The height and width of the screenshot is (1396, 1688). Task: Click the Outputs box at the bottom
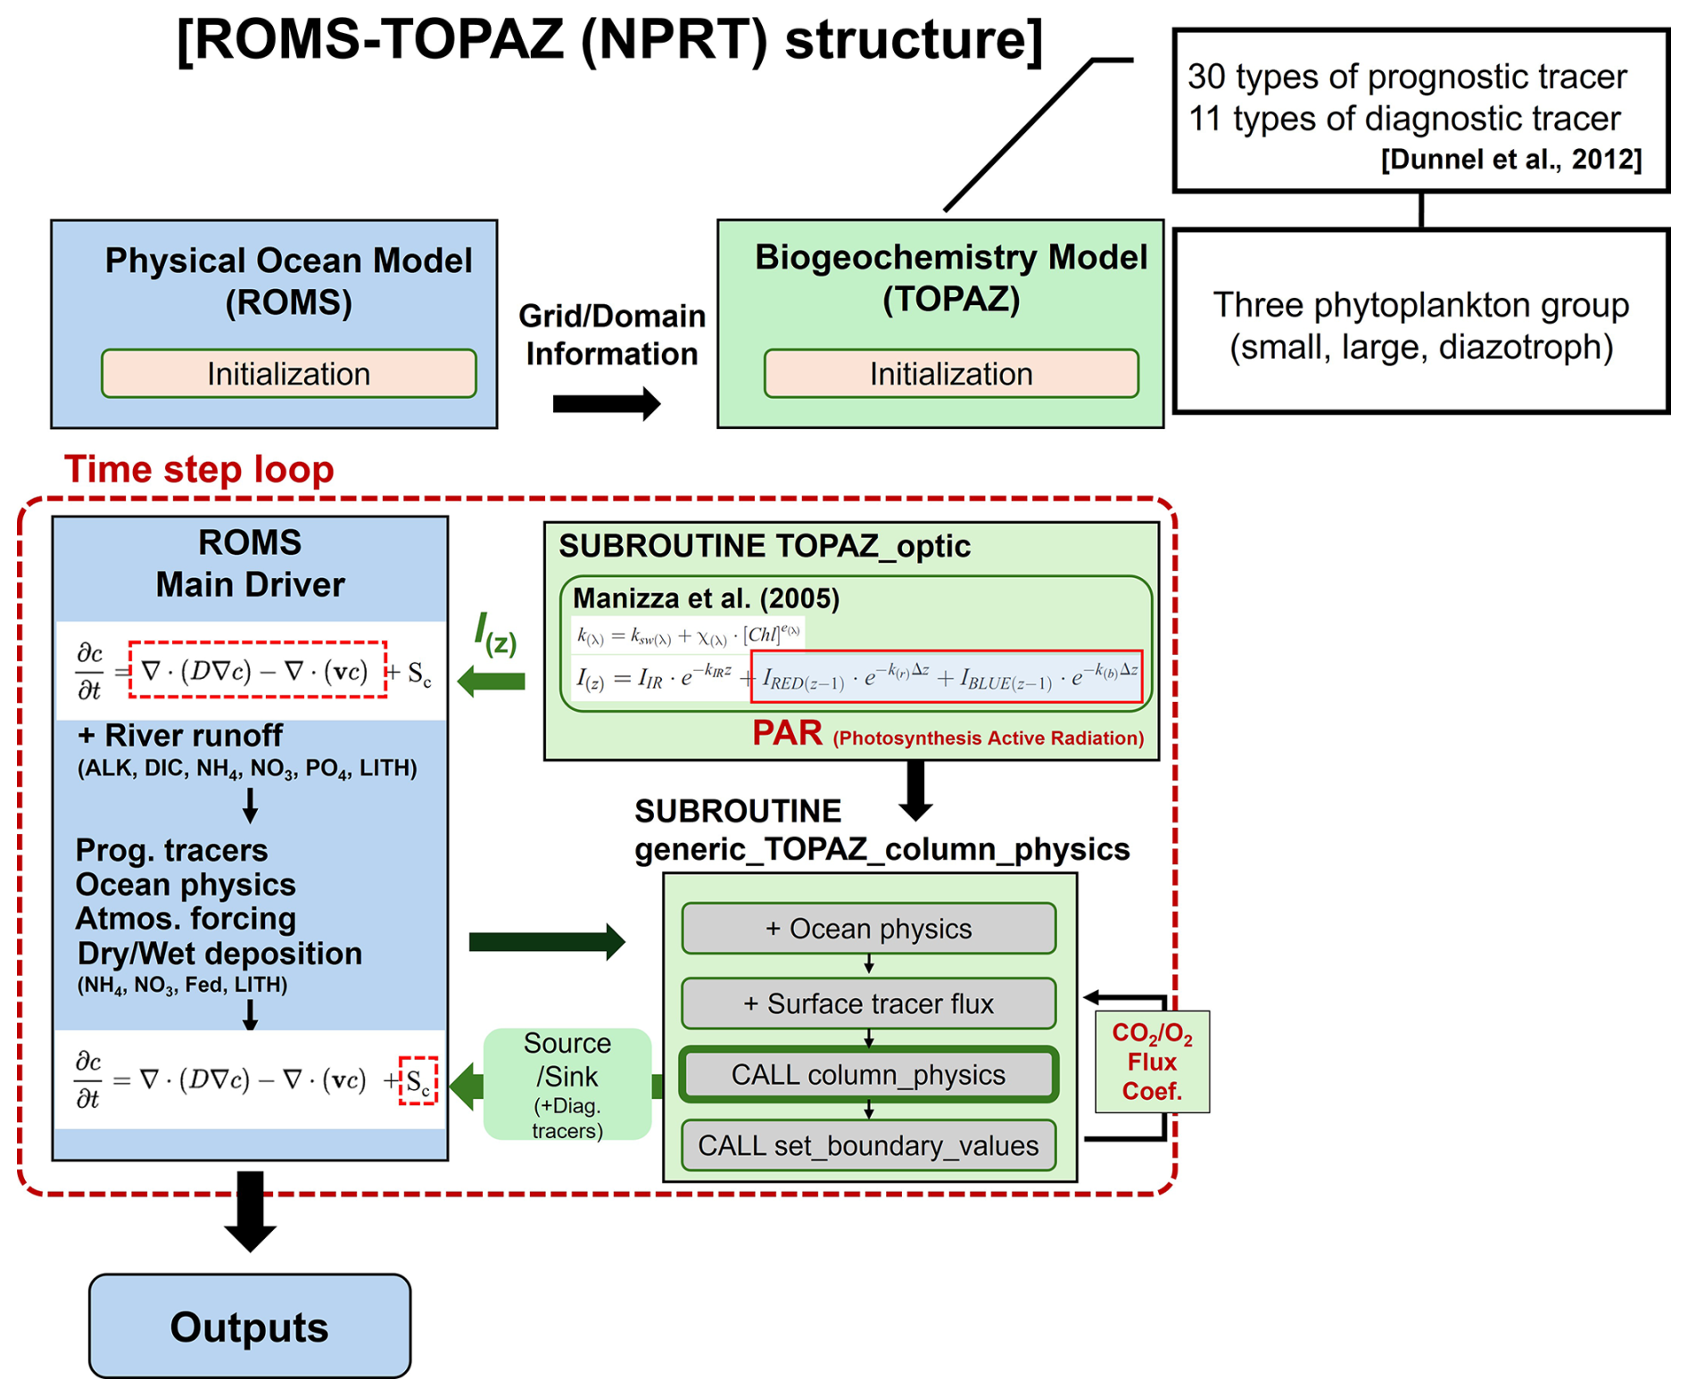pyautogui.click(x=250, y=1326)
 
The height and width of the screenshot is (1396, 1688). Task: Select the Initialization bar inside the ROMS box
pyautogui.click(x=289, y=373)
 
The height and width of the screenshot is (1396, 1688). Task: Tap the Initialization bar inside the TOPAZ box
pyautogui.click(x=951, y=373)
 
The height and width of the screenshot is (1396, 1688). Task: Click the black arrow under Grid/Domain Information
pyautogui.click(x=607, y=404)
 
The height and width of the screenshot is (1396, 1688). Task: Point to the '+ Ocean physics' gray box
pyautogui.click(x=869, y=929)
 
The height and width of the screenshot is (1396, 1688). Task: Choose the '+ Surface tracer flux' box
pyautogui.click(x=869, y=1004)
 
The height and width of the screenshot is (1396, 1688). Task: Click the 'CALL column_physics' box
pyautogui.click(x=869, y=1075)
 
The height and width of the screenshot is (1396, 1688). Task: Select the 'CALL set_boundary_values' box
pyautogui.click(x=869, y=1145)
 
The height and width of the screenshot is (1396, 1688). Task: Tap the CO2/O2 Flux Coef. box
pyautogui.click(x=1152, y=1061)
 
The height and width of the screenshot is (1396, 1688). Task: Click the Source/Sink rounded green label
pyautogui.click(x=567, y=1084)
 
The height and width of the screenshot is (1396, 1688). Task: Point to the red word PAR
pyautogui.click(x=787, y=732)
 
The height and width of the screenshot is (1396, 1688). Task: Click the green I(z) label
pyautogui.click(x=495, y=632)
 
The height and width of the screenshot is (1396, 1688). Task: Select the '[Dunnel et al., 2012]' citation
pyautogui.click(x=1511, y=160)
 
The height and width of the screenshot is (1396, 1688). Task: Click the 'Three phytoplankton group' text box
pyautogui.click(x=1421, y=321)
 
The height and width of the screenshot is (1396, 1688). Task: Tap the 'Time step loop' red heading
pyautogui.click(x=199, y=469)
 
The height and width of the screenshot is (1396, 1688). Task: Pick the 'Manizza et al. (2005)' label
pyautogui.click(x=706, y=598)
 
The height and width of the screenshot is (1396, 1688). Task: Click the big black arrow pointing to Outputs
pyautogui.click(x=250, y=1211)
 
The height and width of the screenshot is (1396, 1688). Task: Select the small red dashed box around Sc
pyautogui.click(x=418, y=1080)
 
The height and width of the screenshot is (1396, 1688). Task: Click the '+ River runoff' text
pyautogui.click(x=179, y=736)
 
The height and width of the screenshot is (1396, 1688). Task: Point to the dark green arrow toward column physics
pyautogui.click(x=547, y=942)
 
